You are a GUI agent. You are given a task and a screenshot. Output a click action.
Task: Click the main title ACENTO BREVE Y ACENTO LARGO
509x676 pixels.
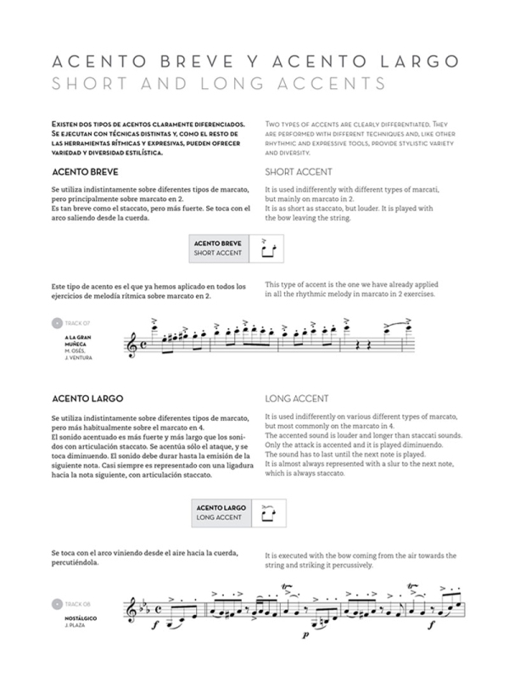255,62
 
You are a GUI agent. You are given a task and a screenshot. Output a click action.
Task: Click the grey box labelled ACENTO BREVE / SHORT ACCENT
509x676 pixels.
220,248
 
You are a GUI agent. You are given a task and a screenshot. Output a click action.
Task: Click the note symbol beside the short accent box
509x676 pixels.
270,248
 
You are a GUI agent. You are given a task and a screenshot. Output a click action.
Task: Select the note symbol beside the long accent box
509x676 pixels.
270,511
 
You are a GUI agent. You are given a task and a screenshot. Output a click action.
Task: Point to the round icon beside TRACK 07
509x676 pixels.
57,323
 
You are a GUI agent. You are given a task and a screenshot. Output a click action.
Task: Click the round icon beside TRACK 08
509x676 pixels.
57,603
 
